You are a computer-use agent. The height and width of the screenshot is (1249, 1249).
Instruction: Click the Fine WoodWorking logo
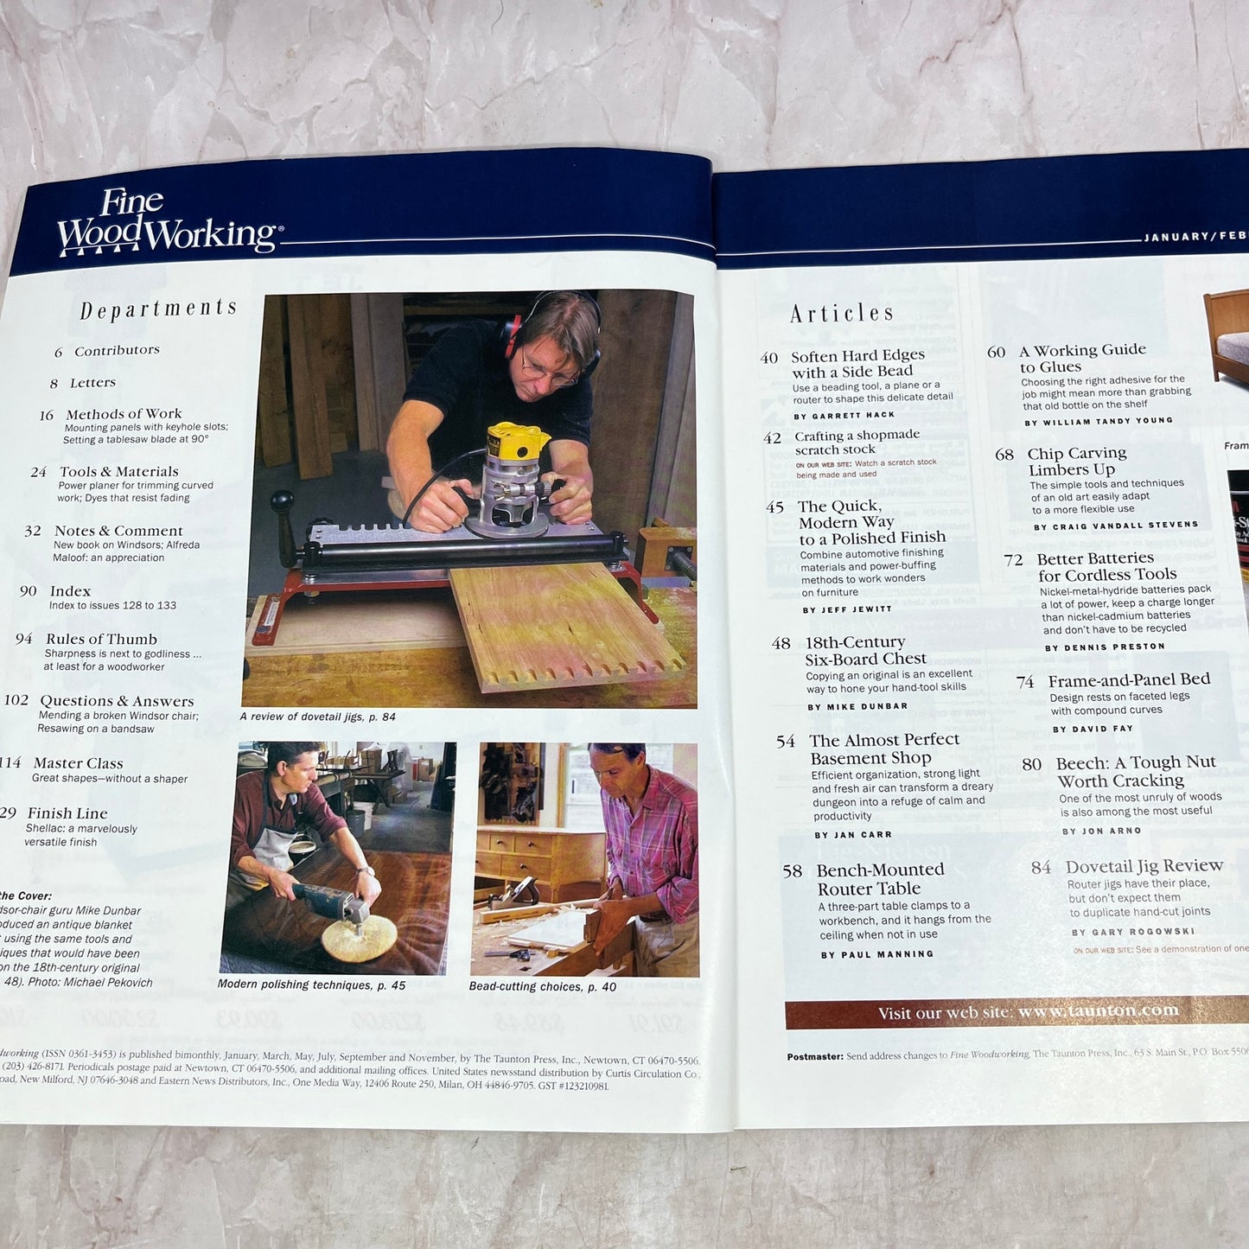pyautogui.click(x=166, y=223)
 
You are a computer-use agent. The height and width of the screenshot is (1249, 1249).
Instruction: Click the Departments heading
pyautogui.click(x=158, y=309)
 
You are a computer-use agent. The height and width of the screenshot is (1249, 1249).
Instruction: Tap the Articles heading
pyautogui.click(x=841, y=313)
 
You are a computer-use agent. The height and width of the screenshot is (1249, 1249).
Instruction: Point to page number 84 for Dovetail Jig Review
pyautogui.click(x=1041, y=867)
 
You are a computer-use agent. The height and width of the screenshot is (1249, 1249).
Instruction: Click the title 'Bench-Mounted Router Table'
pyautogui.click(x=879, y=879)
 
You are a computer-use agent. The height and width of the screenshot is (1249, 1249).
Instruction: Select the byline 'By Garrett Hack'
pyautogui.click(x=844, y=416)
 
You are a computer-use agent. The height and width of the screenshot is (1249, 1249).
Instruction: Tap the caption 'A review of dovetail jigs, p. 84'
pyautogui.click(x=317, y=717)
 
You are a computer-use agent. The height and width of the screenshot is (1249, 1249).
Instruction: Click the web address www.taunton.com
pyautogui.click(x=1098, y=1010)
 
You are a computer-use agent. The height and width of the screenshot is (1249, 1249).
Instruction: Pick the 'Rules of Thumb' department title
pyautogui.click(x=101, y=640)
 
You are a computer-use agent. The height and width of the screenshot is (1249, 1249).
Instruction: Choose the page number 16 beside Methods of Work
pyautogui.click(x=47, y=416)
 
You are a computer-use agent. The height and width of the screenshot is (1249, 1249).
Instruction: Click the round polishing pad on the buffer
pyautogui.click(x=359, y=938)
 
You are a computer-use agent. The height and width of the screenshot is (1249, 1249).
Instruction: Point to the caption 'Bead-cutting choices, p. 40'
pyautogui.click(x=542, y=986)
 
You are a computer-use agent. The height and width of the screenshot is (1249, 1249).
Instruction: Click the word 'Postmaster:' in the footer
pyautogui.click(x=814, y=1056)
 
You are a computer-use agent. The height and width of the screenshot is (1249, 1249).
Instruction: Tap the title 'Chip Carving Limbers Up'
pyautogui.click(x=1076, y=462)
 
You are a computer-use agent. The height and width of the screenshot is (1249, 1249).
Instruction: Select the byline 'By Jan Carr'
pyautogui.click(x=852, y=835)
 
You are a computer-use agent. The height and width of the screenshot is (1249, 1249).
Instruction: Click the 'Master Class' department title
pyautogui.click(x=78, y=763)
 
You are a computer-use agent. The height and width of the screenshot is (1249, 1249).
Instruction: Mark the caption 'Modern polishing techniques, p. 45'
pyautogui.click(x=311, y=985)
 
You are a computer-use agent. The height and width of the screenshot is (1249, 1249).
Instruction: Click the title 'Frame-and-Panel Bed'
pyautogui.click(x=1128, y=680)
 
